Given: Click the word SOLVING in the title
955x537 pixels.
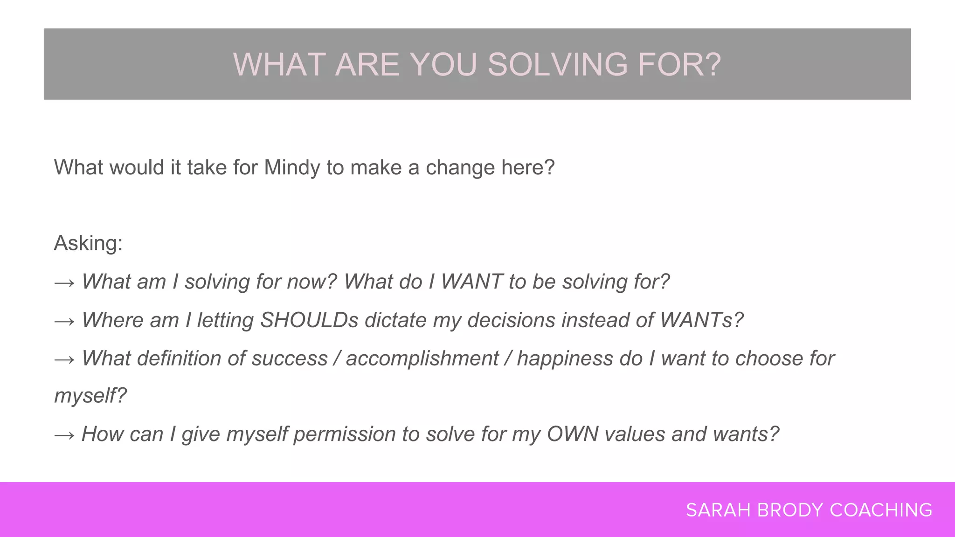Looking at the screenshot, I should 558,64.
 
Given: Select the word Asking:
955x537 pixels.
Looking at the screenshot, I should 88,243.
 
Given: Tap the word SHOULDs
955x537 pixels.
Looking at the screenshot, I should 309,320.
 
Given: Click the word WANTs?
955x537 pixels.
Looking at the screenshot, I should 701,320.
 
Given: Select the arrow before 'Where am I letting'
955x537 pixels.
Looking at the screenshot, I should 64,321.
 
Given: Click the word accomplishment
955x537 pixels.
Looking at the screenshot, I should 422,358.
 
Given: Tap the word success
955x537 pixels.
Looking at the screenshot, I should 290,358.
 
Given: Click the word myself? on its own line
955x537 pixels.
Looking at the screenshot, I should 90,396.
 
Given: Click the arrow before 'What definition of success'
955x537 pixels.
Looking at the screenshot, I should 64,359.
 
